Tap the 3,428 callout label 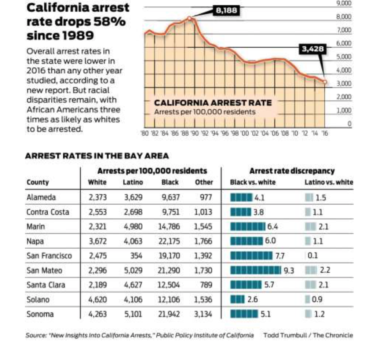[313, 49]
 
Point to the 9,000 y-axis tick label [344, 3]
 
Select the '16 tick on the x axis [325, 133]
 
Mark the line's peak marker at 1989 [189, 18]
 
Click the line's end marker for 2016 [325, 82]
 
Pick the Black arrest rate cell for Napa [169, 241]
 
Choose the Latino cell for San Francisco [136, 256]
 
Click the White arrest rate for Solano [98, 300]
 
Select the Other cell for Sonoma [203, 314]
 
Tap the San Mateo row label [44, 271]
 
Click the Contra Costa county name [48, 212]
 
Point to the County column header [37, 182]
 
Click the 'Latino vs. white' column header [329, 182]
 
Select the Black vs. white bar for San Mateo [256, 271]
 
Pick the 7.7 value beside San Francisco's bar [280, 256]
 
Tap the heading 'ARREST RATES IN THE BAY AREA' [97, 156]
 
